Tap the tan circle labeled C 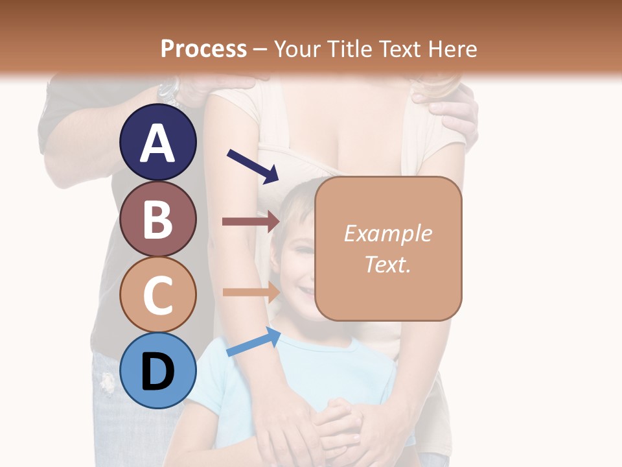158,294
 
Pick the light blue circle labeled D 158,370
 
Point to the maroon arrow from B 250,222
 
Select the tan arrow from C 250,292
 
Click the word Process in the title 203,49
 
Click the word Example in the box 387,233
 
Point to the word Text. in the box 387,264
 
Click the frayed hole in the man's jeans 107,383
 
